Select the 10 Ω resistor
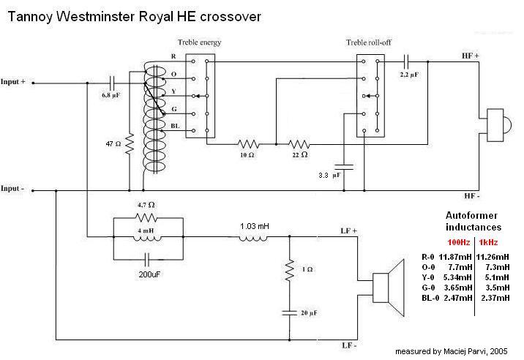tap(247, 144)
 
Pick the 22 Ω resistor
tap(299, 144)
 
